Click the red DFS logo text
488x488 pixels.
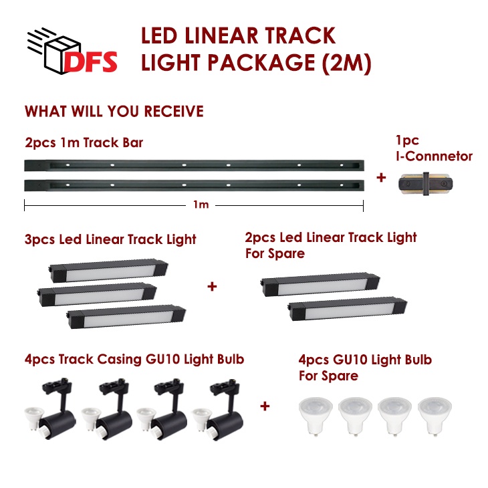click(x=91, y=62)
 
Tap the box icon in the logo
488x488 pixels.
click(x=62, y=54)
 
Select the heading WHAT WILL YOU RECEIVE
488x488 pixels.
click(x=114, y=112)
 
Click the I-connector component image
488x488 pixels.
click(x=426, y=184)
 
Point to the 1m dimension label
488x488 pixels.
click(x=201, y=205)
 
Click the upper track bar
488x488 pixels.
click(x=195, y=165)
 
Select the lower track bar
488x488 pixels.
click(x=195, y=185)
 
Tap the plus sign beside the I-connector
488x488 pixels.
click(x=381, y=178)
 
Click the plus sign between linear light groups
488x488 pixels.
click(x=212, y=286)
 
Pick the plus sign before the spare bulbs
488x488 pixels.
click(x=265, y=406)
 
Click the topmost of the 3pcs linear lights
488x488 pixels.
click(x=108, y=270)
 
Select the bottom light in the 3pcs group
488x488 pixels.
click(x=126, y=317)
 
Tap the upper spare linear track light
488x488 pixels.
click(x=320, y=285)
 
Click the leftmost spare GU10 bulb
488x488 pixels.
click(x=316, y=416)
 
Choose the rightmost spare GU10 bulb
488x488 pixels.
click(x=435, y=416)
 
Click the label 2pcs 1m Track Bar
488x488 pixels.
click(x=84, y=143)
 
